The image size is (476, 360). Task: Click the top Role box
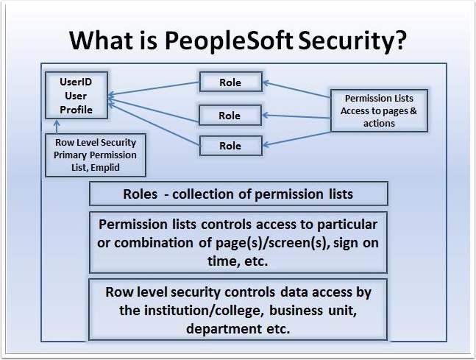pyautogui.click(x=230, y=82)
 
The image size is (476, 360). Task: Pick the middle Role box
pyautogui.click(x=230, y=116)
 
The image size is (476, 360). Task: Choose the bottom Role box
pyautogui.click(x=230, y=146)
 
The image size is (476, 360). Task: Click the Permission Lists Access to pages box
pyautogui.click(x=378, y=110)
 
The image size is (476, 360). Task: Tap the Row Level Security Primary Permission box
pyautogui.click(x=96, y=155)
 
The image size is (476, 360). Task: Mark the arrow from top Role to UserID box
pyautogui.click(x=154, y=88)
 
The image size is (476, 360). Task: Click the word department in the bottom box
pyautogui.click(x=218, y=328)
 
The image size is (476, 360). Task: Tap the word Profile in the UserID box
pyautogui.click(x=76, y=109)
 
